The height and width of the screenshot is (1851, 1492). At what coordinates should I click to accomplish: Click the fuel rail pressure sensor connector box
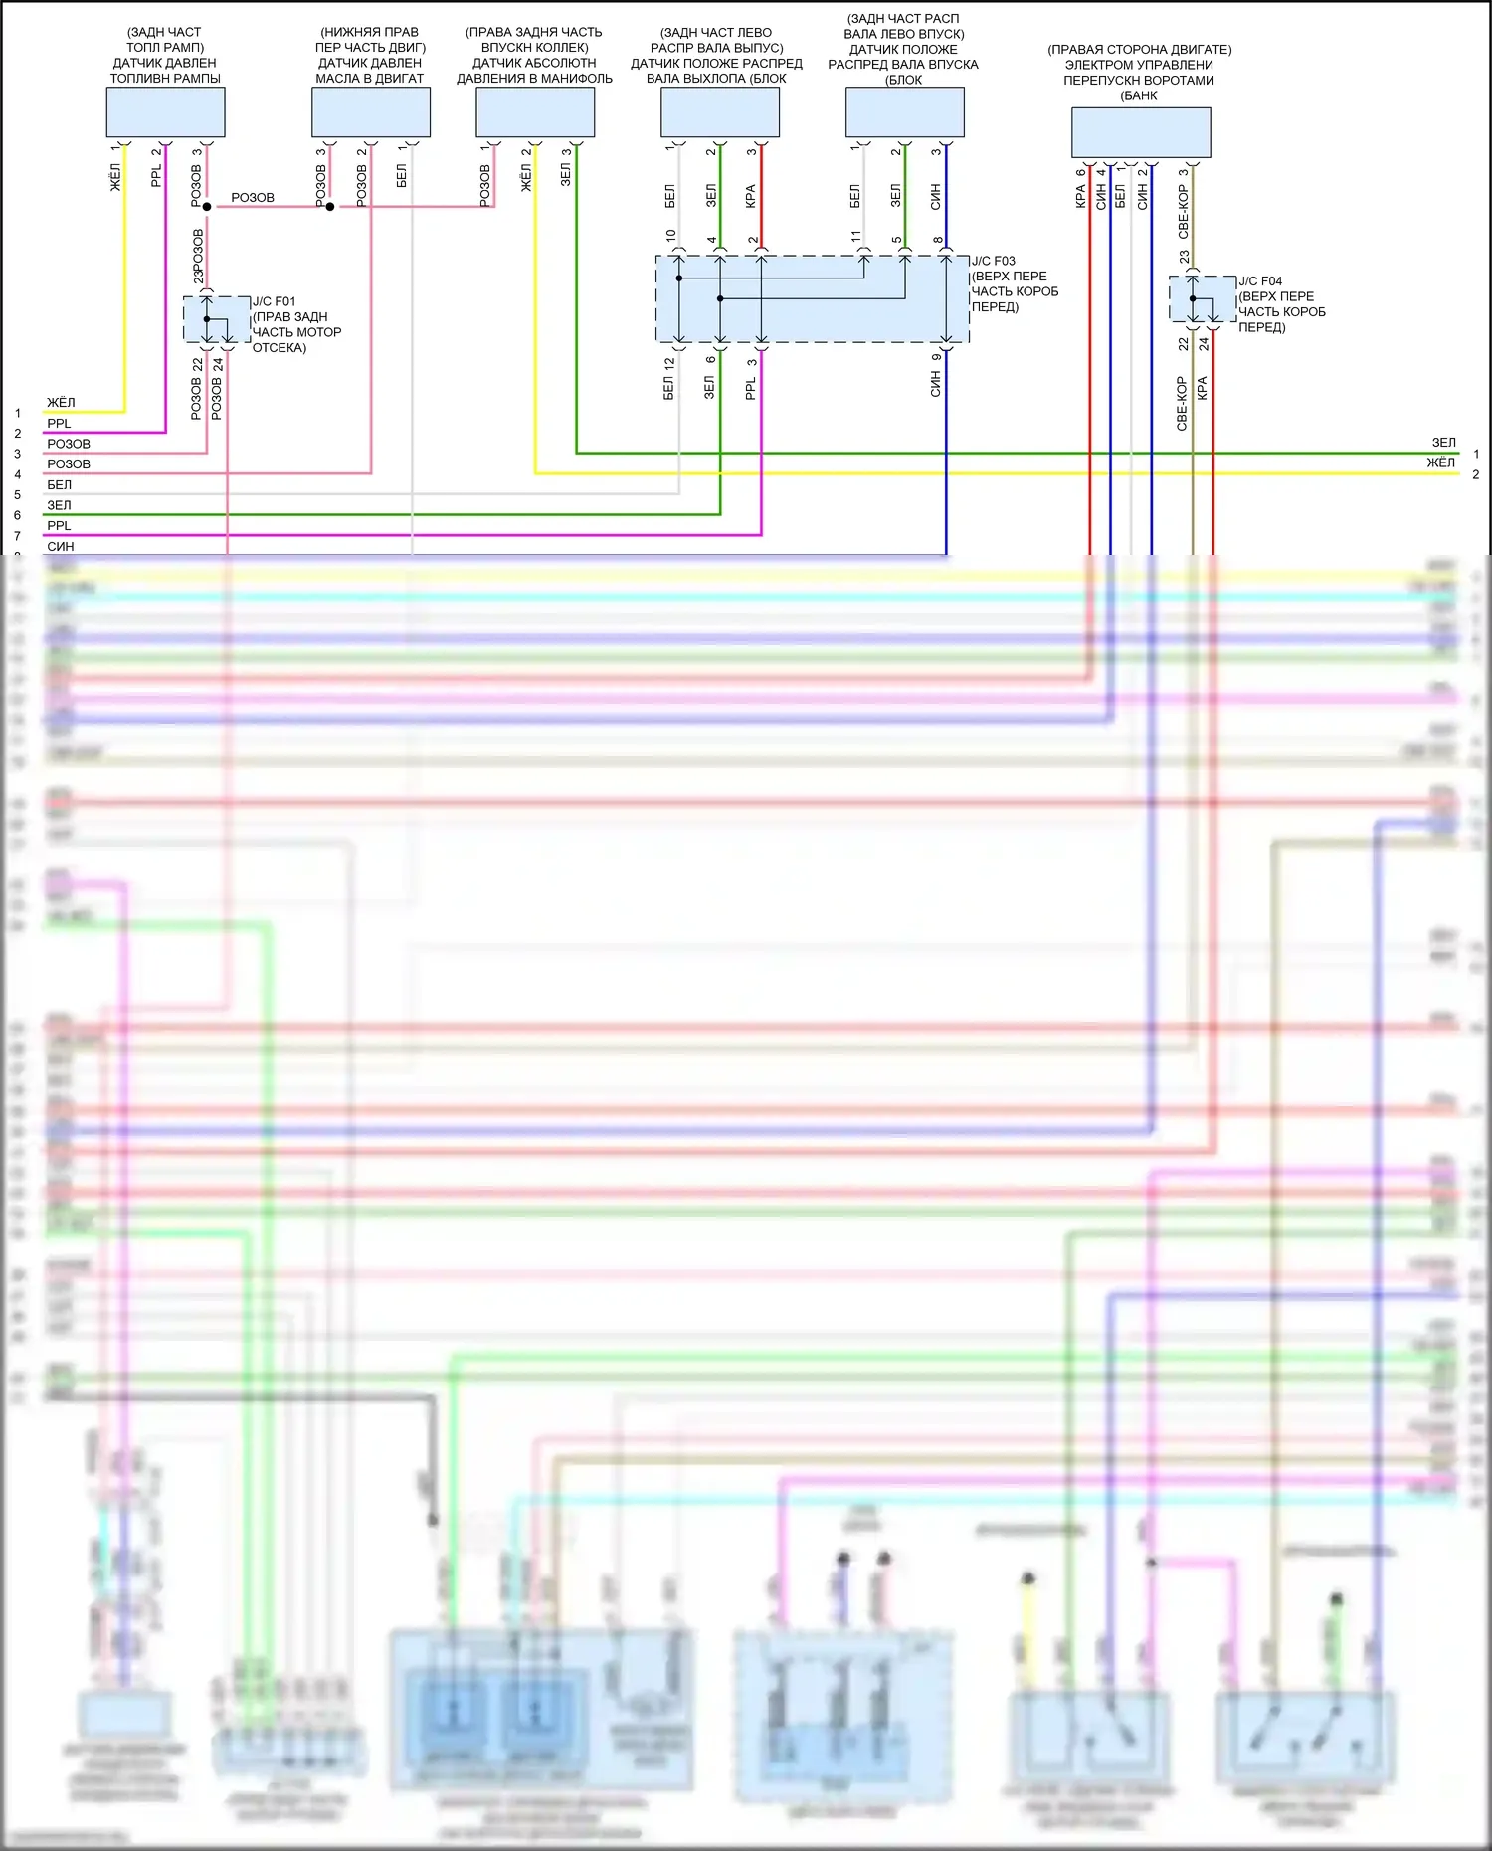tap(165, 111)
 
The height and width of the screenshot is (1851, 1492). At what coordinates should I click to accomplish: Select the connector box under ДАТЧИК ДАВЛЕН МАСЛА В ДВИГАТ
tap(370, 111)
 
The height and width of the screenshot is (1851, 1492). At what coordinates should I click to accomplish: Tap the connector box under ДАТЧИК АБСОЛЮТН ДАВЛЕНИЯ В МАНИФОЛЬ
tap(535, 111)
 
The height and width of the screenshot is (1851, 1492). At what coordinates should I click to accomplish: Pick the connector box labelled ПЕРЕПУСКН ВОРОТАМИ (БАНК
tap(1140, 132)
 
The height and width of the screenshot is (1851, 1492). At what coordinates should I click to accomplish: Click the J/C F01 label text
tap(274, 301)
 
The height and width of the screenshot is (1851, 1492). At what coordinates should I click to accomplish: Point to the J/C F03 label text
tap(994, 262)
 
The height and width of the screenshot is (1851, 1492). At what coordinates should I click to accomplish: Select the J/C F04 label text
tap(1260, 281)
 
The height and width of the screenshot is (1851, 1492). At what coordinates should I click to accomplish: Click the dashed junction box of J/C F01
tap(217, 319)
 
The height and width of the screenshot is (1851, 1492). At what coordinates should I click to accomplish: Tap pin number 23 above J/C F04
tap(1184, 257)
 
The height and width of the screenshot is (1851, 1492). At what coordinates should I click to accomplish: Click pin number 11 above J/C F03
tap(855, 237)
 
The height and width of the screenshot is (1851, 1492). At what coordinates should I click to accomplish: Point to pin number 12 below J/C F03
tap(669, 364)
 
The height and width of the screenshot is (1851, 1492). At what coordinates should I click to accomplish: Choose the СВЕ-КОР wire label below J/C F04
tap(1182, 403)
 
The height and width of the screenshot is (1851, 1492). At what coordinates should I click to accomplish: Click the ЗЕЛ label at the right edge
tap(1443, 443)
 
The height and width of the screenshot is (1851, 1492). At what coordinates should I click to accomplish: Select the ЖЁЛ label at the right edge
tap(1440, 463)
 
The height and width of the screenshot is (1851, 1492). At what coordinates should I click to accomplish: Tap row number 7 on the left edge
tap(17, 536)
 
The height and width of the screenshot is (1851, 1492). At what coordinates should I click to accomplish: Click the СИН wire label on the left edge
tap(61, 546)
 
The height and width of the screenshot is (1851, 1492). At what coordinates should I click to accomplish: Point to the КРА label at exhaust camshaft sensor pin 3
tap(751, 196)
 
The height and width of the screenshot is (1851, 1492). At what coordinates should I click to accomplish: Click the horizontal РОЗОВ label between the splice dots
tap(253, 198)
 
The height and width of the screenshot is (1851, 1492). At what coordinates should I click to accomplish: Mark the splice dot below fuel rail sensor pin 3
tap(207, 207)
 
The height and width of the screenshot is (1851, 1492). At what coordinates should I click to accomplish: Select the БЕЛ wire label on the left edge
tap(60, 485)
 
